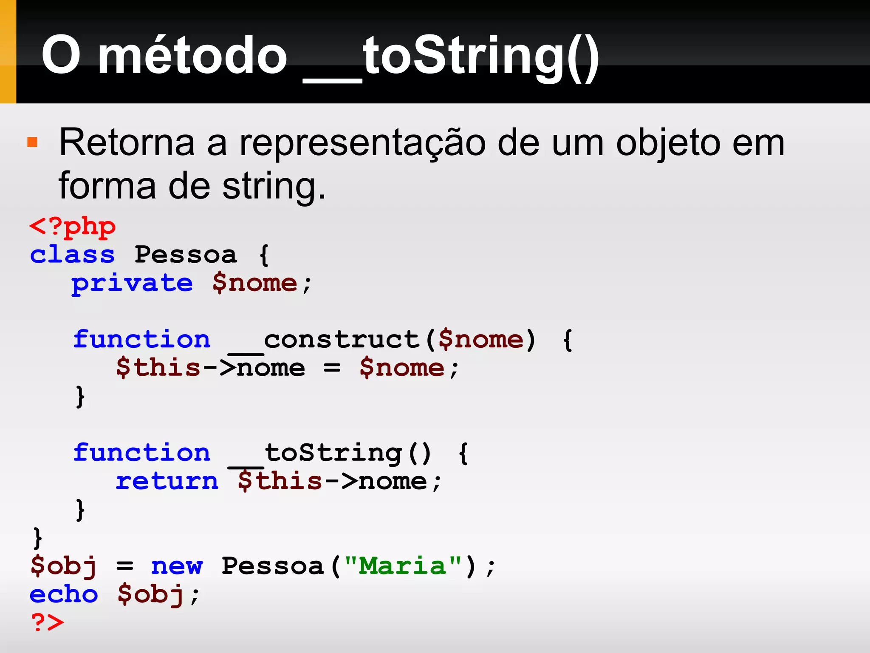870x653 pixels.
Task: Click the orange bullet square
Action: (32, 142)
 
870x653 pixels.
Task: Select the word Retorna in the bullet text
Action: (127, 143)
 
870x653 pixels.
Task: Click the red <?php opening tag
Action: (72, 227)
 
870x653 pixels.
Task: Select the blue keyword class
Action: (72, 255)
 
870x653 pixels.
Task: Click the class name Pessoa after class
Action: (186, 255)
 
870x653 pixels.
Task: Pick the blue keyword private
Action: (132, 284)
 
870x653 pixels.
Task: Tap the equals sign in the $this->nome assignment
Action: (332, 368)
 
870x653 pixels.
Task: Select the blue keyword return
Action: (167, 481)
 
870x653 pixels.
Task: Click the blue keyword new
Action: (177, 566)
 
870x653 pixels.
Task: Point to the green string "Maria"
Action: (403, 566)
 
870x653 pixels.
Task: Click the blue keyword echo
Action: (64, 594)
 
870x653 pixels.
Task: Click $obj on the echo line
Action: (151, 594)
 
